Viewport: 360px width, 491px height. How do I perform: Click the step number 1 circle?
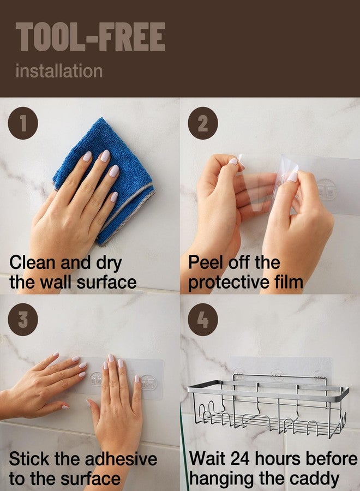[23, 124]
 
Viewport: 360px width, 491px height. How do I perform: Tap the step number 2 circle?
[202, 124]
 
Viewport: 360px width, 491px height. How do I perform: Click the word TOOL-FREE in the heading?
[90, 38]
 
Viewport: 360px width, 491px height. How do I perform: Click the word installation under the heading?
[58, 71]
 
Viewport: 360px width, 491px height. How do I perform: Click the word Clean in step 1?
[32, 262]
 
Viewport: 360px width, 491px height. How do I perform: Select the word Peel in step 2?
[205, 262]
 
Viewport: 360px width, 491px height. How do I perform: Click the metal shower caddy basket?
[267, 406]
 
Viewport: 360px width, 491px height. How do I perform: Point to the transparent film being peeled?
[256, 185]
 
